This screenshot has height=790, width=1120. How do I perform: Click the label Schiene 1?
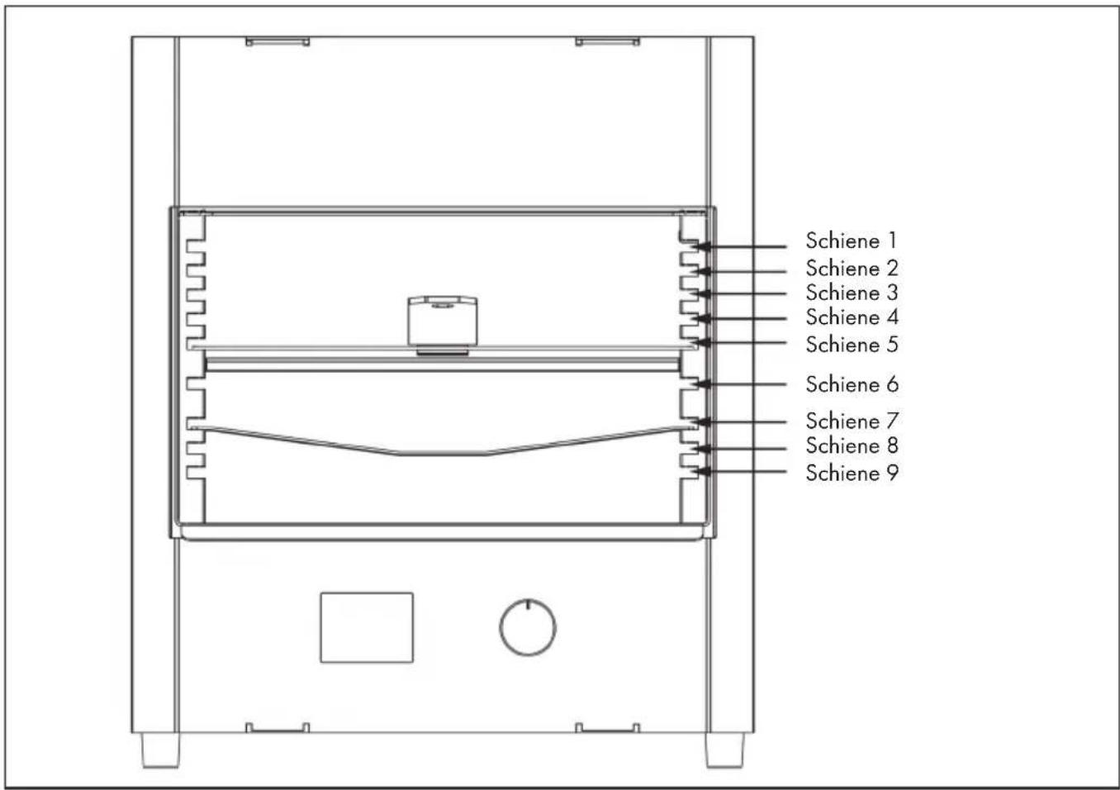pos(852,241)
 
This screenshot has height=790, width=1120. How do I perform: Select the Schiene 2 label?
pos(852,269)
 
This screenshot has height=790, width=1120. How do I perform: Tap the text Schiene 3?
pos(852,293)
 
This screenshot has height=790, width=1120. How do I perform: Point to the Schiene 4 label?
pos(852,317)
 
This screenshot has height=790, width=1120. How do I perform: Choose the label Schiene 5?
pos(852,345)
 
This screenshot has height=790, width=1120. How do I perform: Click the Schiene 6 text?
pos(852,384)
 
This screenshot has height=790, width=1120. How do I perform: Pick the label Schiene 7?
pos(852,421)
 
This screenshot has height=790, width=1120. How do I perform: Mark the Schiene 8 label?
pos(852,445)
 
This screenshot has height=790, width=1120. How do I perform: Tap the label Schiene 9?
pos(852,473)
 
